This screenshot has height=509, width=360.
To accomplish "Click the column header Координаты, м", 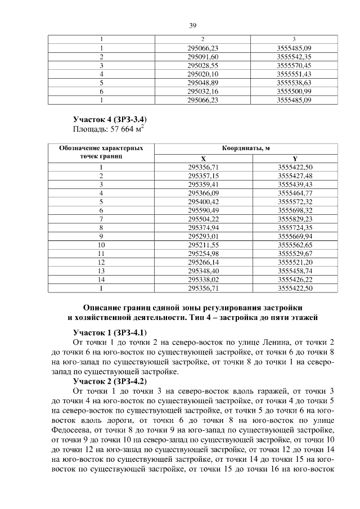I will point(246,148).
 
